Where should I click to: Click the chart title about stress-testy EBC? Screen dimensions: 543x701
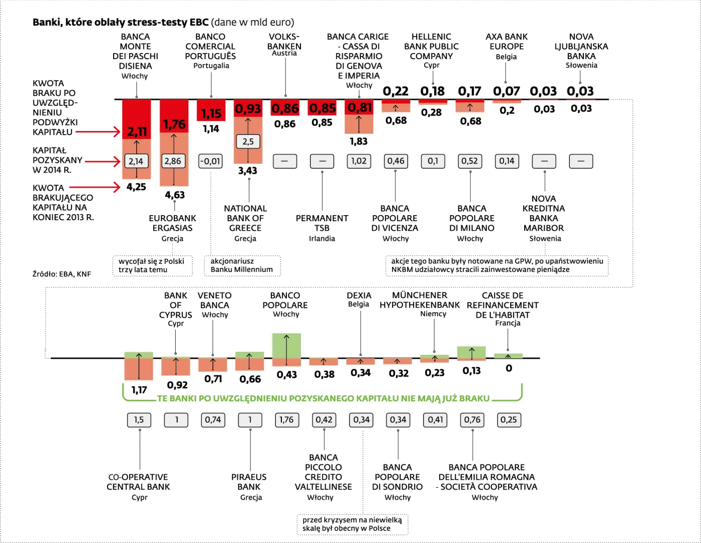[x=163, y=22]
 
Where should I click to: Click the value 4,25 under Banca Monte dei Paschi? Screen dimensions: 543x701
[x=136, y=187]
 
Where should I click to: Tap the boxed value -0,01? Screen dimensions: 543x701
[x=210, y=161]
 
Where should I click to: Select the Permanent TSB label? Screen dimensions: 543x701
[x=322, y=223]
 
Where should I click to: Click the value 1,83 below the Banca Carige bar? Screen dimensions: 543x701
[x=359, y=142]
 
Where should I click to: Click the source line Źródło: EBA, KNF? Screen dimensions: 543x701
[x=62, y=274]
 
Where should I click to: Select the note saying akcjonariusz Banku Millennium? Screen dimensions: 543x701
[x=242, y=265]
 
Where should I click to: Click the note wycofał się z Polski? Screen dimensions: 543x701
[x=151, y=265]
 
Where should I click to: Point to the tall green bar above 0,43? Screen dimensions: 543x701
[x=286, y=346]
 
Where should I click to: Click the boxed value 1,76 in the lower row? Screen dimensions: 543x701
[x=286, y=420]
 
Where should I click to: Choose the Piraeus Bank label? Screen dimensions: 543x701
[x=249, y=482]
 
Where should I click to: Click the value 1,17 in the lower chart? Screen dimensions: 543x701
[x=139, y=390]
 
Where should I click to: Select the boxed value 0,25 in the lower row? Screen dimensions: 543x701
[x=509, y=420]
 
